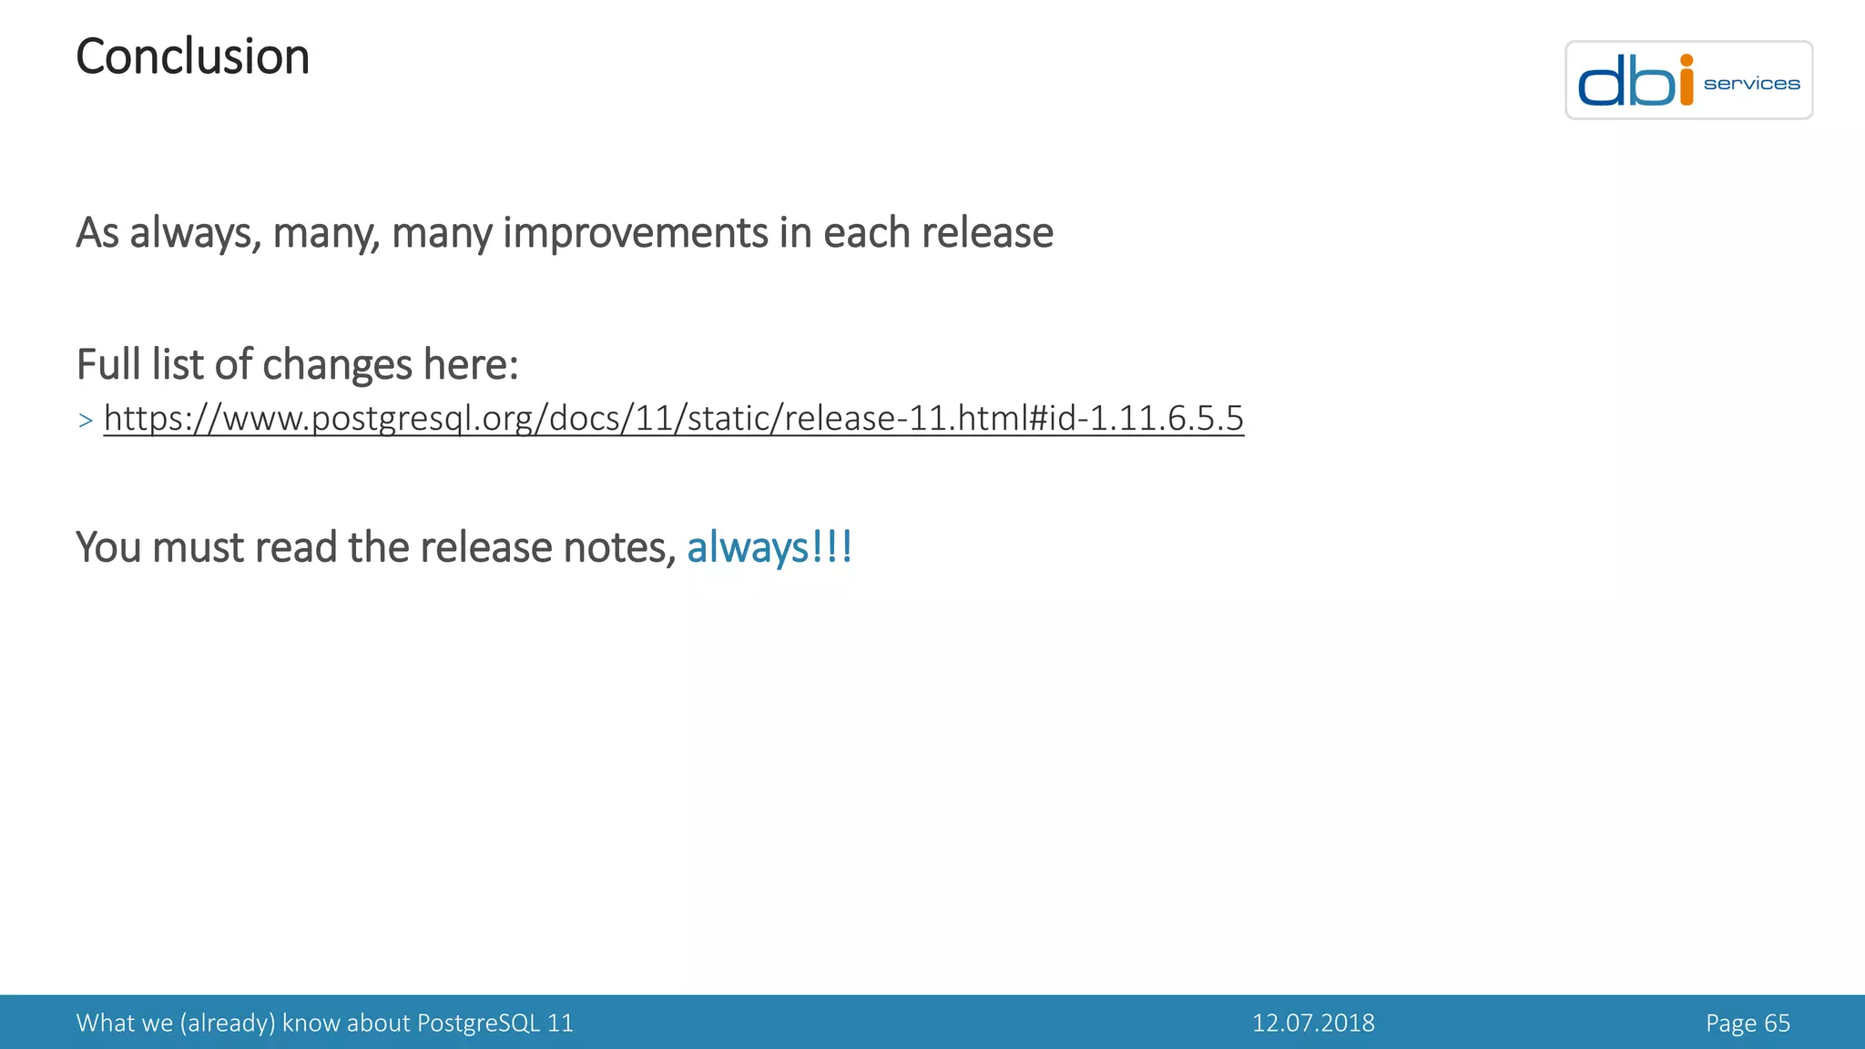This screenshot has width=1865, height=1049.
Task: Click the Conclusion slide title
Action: [192, 57]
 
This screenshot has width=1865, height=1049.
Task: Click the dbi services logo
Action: [1688, 80]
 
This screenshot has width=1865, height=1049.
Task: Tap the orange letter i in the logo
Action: [1686, 80]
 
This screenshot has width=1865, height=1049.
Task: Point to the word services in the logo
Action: [1751, 84]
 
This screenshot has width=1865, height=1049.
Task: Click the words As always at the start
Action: [165, 233]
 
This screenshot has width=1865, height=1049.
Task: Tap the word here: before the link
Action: [470, 364]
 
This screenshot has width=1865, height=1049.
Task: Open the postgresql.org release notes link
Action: [673, 419]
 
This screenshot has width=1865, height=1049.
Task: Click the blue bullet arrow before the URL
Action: [86, 421]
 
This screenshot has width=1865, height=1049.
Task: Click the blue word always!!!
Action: [769, 547]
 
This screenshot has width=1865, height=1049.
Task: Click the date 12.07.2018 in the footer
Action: [1313, 1023]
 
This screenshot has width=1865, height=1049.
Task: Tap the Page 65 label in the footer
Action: [1748, 1023]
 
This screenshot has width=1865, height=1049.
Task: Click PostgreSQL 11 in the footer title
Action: [494, 1023]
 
